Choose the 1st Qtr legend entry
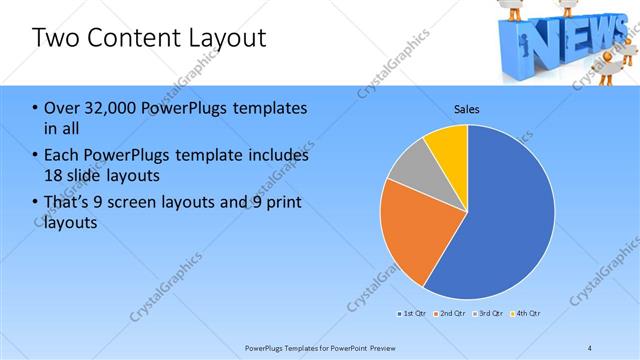(412, 314)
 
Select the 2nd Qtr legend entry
(450, 314)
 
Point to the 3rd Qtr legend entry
(488, 314)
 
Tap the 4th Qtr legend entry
(526, 314)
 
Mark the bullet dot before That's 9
(36, 204)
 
